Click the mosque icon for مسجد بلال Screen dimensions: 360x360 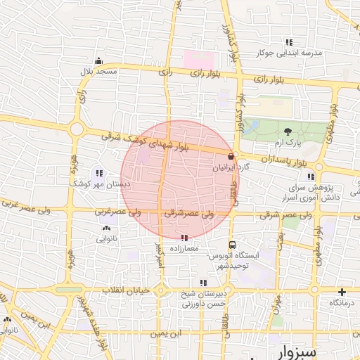point(98,60)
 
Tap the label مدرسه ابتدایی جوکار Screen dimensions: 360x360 point(289,53)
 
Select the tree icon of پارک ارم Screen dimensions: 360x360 point(288,131)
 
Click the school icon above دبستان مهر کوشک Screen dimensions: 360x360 point(99,172)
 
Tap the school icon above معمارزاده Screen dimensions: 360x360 point(185,238)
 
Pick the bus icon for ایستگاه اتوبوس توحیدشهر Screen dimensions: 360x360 point(233,245)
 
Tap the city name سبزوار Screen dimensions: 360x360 point(319,349)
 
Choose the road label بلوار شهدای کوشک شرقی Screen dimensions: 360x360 point(145,141)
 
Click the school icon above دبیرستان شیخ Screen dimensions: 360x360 point(203,283)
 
